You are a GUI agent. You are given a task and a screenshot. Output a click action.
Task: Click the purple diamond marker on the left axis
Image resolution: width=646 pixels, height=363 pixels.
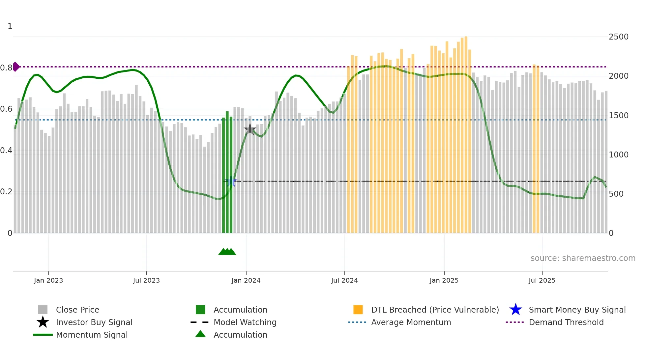coord(16,67)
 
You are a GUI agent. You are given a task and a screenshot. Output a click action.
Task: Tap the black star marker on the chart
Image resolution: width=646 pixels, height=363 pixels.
coord(250,129)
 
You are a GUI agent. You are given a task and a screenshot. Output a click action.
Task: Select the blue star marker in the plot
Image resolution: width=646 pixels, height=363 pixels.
coord(231,181)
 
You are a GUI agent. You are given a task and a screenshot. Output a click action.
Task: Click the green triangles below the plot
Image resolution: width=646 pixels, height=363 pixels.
coord(227,252)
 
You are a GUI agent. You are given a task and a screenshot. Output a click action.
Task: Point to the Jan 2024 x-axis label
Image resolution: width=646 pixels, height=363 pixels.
coord(246,280)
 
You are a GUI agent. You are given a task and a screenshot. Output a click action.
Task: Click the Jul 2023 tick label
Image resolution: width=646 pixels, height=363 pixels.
coord(146,280)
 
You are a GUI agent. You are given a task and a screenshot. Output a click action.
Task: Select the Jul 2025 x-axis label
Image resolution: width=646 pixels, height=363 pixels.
coord(542,280)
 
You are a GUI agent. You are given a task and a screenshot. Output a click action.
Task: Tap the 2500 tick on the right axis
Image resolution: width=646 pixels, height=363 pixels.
coord(618,37)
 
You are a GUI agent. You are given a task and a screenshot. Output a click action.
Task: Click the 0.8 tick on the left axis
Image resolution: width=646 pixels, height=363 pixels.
coord(6,68)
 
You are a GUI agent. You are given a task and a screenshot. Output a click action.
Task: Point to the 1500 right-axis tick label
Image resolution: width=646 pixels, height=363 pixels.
coord(618,116)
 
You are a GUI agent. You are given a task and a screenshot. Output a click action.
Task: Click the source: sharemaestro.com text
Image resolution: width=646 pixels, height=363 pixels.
coord(583,258)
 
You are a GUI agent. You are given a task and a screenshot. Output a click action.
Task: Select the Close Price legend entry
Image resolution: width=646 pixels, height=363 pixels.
coord(77,310)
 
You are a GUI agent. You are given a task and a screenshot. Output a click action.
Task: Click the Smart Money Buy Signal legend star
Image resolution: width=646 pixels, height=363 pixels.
coord(515,310)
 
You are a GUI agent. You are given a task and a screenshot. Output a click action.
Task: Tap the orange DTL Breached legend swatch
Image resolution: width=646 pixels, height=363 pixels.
coord(358,310)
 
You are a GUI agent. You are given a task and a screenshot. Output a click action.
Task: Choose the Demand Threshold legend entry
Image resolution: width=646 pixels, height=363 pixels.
coord(566,322)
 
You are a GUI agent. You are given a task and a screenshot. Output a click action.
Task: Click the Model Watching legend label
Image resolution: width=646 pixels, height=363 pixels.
coord(245,322)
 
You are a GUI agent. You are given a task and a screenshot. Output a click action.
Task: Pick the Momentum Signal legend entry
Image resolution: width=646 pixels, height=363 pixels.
coord(92,335)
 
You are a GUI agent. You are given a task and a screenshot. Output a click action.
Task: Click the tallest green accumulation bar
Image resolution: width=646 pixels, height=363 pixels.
coord(227,171)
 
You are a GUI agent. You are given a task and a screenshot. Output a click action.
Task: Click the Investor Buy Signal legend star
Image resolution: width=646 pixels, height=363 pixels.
coord(43,322)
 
